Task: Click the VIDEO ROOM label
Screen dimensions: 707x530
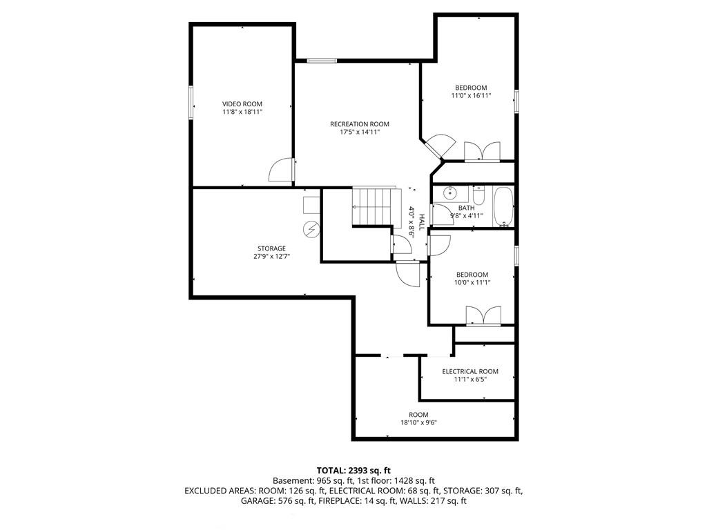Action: click(x=242, y=104)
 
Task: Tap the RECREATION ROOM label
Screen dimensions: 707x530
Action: click(x=359, y=124)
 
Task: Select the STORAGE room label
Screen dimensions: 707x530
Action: click(x=271, y=248)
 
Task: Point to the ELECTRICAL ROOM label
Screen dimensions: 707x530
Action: click(x=470, y=371)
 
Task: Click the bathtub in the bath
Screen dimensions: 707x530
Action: click(x=503, y=207)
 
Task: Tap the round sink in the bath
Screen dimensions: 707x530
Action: click(x=450, y=193)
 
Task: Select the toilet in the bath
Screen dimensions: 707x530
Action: click(x=478, y=195)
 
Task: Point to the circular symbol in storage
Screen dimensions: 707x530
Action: click(x=311, y=230)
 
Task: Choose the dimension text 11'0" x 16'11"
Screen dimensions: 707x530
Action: click(x=471, y=95)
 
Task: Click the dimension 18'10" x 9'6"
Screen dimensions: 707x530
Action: click(x=419, y=423)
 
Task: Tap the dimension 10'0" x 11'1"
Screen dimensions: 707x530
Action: click(x=472, y=282)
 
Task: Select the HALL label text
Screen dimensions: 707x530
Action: click(x=422, y=222)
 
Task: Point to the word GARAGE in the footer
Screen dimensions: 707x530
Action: click(x=255, y=501)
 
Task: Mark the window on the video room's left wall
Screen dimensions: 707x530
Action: click(x=191, y=103)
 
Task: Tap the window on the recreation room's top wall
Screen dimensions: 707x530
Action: click(x=322, y=61)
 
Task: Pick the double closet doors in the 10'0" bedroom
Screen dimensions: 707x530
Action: click(x=483, y=315)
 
